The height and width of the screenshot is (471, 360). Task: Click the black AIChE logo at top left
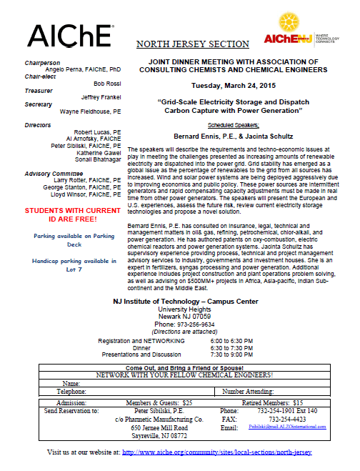point(70,35)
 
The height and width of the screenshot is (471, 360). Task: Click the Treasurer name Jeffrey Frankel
point(101,96)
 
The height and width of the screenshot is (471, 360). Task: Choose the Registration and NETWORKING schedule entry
point(144,341)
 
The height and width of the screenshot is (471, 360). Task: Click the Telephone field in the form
point(71,392)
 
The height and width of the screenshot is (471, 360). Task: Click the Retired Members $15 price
point(273,403)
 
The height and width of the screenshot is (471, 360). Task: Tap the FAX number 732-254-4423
point(269,419)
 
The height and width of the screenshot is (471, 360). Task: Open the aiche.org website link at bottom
point(218,452)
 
